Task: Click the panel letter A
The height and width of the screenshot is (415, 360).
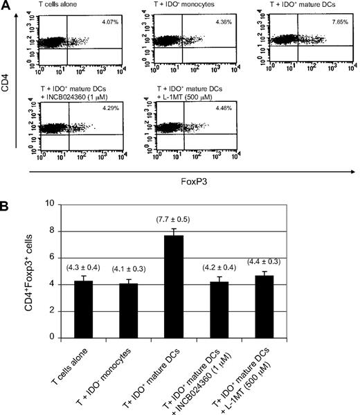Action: coord(6,6)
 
